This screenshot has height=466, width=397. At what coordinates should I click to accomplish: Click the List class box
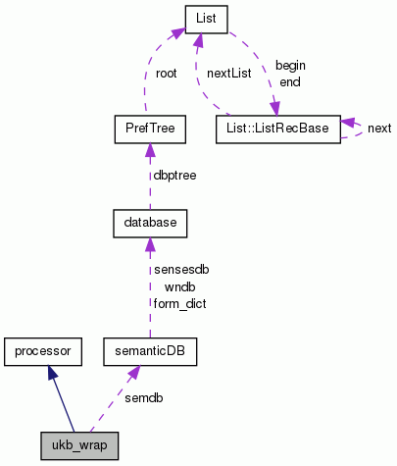pos(207,17)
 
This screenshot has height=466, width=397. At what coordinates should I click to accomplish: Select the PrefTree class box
pos(147,128)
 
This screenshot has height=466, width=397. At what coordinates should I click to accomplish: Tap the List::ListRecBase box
pos(277,128)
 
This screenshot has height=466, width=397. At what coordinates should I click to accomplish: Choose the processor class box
pos(41,349)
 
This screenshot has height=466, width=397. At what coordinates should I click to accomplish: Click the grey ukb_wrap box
pos(79,445)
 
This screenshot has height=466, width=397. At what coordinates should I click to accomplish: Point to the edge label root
pos(166,73)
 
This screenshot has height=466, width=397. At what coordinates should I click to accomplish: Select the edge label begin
pos(290,65)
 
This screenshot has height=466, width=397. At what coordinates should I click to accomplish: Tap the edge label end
pos(290,81)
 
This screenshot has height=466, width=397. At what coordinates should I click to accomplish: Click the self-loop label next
pos(378,129)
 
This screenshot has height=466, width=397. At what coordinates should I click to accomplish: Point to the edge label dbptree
pos(174,177)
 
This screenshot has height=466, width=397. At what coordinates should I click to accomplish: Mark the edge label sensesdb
pos(179,269)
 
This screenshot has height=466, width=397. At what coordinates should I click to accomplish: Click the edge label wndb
pos(179,285)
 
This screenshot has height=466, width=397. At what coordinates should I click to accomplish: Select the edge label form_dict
pos(179,303)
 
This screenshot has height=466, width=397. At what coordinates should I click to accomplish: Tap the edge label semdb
pos(143,397)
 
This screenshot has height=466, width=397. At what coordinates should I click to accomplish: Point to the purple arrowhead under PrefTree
pos(147,149)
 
